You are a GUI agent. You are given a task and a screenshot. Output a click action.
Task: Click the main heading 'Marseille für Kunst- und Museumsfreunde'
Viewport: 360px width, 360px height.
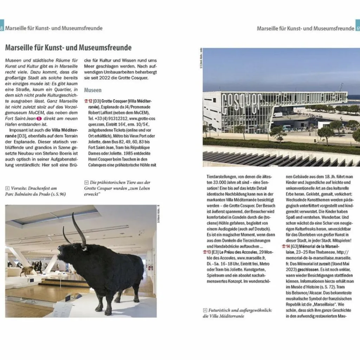(68, 48)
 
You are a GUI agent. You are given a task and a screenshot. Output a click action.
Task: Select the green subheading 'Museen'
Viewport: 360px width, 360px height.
(92, 90)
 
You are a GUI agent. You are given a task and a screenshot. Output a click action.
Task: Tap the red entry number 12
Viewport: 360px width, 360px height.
(88, 101)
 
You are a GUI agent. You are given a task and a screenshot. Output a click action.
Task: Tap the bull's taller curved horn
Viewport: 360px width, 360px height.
(78, 229)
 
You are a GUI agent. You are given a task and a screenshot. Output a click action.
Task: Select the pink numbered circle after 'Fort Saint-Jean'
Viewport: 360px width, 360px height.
(39, 118)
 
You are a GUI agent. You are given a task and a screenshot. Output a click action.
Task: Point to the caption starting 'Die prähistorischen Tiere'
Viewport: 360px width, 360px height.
(120, 182)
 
